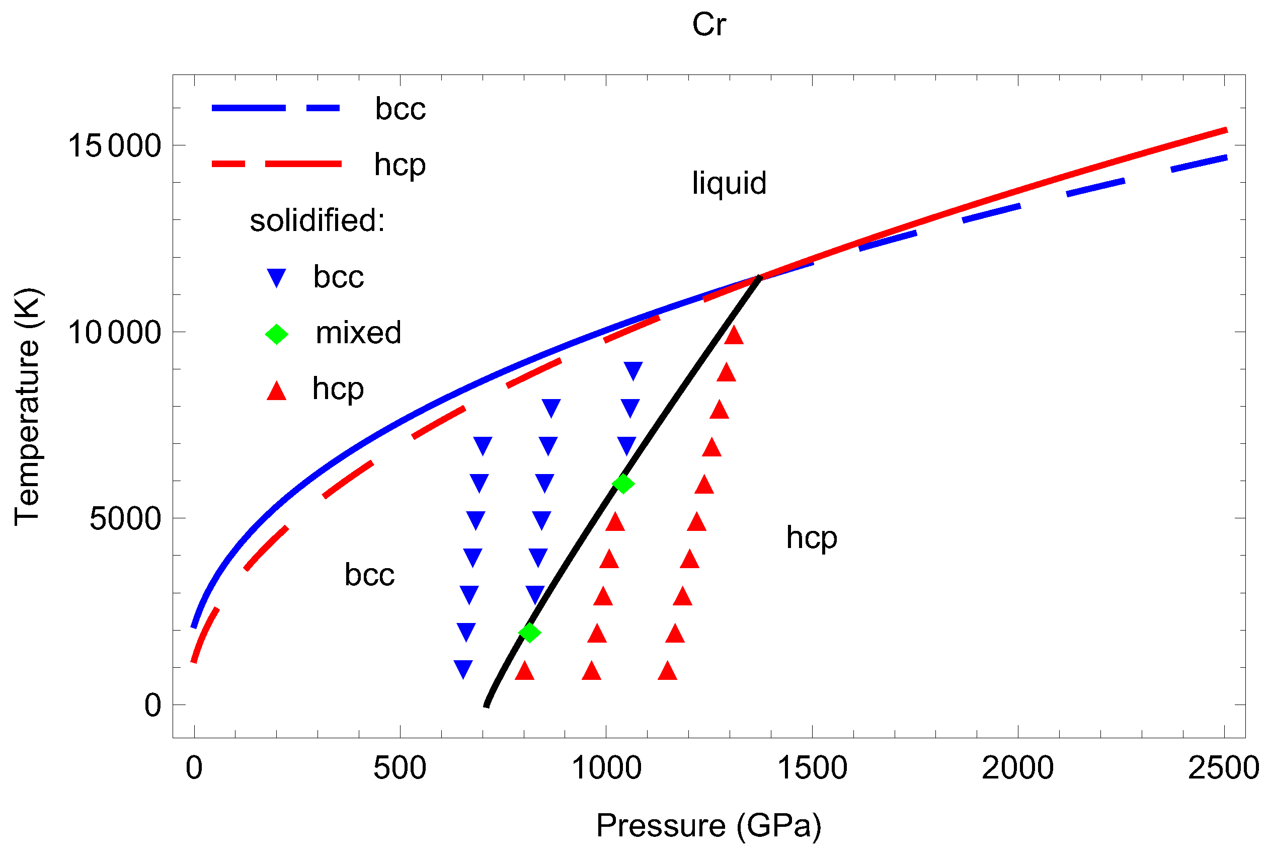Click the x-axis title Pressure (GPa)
click(708, 825)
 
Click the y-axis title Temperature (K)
click(27, 407)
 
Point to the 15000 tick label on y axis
click(114, 146)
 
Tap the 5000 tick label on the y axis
click(125, 519)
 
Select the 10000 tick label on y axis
click(114, 333)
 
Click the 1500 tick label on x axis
click(812, 768)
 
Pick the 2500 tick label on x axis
click(1223, 768)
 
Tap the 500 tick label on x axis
click(400, 768)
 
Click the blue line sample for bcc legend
click(276, 108)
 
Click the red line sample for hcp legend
click(276, 164)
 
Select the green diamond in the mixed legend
click(277, 334)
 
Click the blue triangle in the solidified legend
click(277, 277)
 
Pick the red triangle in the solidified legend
click(277, 391)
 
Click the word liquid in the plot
click(729, 183)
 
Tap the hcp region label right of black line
click(811, 538)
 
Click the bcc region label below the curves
click(369, 575)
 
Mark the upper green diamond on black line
click(623, 483)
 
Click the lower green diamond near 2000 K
click(529, 633)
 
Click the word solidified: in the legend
click(317, 220)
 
